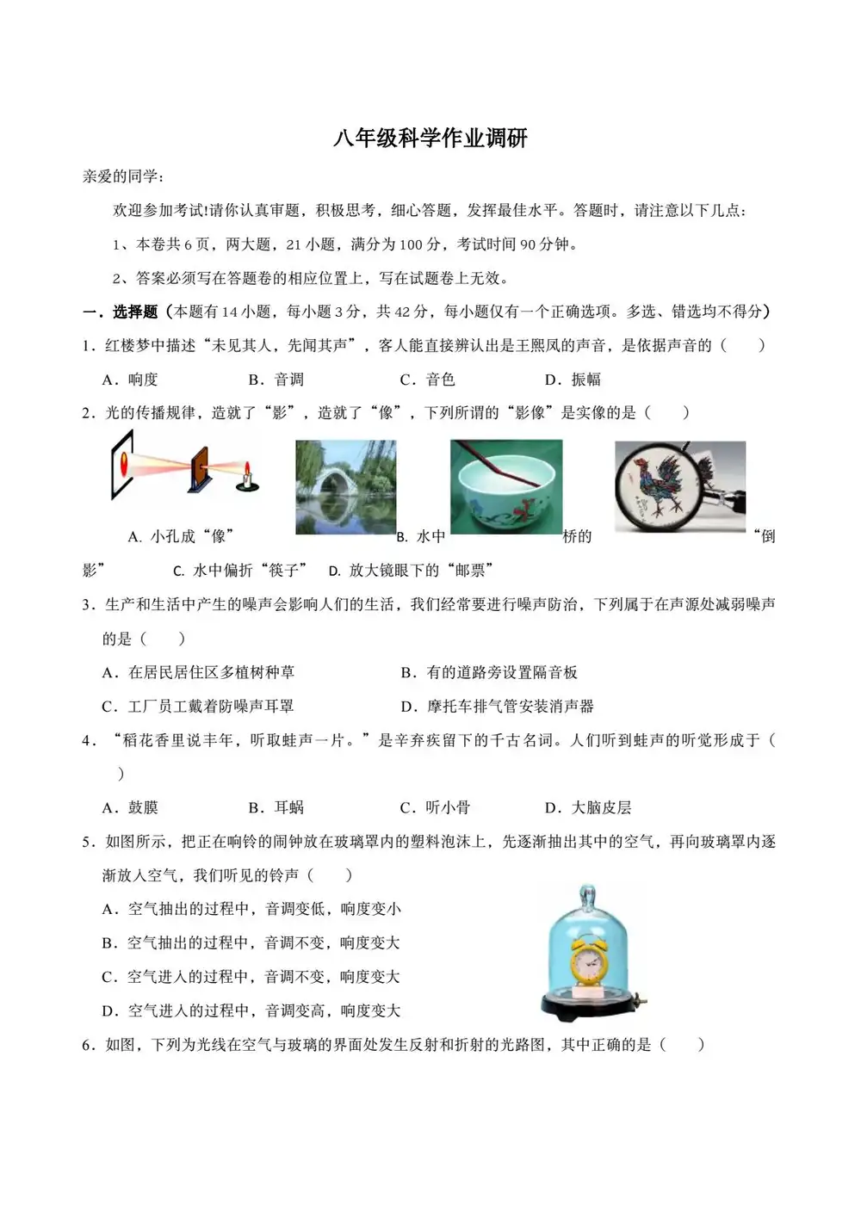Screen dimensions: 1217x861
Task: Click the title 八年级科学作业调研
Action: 430,139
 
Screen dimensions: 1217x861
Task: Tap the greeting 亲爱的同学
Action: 122,176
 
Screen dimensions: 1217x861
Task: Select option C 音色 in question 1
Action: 428,380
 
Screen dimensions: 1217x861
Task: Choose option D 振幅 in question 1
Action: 573,380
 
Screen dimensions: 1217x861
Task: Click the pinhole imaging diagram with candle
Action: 185,468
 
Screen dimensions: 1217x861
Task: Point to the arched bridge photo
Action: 346,486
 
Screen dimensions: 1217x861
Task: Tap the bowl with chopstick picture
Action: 506,486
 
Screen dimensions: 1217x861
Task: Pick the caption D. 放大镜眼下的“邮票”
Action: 411,570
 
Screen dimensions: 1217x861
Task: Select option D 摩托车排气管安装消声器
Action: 498,707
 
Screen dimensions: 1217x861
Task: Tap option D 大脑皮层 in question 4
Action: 589,807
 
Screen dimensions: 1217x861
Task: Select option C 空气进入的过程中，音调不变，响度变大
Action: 251,977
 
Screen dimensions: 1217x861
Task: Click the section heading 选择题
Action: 135,312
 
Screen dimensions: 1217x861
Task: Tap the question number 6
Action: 87,1045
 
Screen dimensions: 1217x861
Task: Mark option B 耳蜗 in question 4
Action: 276,807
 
